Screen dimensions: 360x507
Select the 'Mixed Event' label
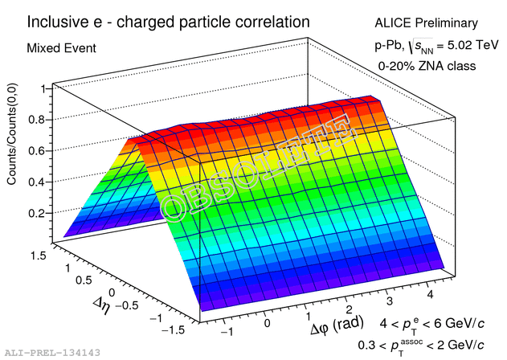62,48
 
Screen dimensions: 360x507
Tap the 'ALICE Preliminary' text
425,23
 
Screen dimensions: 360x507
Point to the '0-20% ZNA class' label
427,65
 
